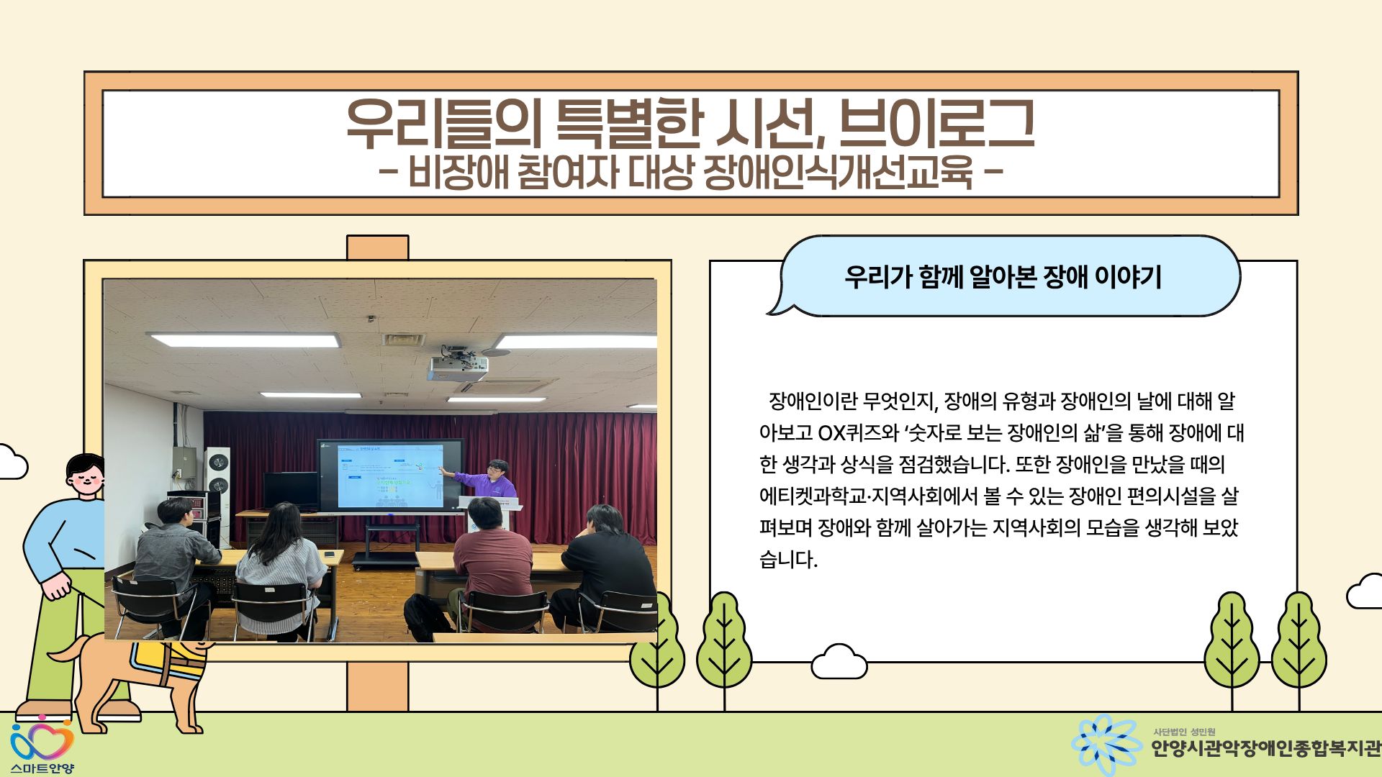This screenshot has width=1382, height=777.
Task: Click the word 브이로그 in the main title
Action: click(x=936, y=123)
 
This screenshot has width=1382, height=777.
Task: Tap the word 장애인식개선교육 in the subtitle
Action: click(x=838, y=173)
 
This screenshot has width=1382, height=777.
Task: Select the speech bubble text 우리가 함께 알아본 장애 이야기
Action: click(x=1003, y=276)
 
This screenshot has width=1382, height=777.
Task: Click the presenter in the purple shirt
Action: click(x=490, y=481)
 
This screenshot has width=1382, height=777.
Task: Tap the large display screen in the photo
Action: click(x=391, y=475)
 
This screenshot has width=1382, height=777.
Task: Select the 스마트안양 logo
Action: click(x=42, y=746)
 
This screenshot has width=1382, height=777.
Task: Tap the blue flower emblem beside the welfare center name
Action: click(x=1106, y=745)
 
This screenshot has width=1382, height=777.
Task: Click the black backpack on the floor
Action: click(x=428, y=617)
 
